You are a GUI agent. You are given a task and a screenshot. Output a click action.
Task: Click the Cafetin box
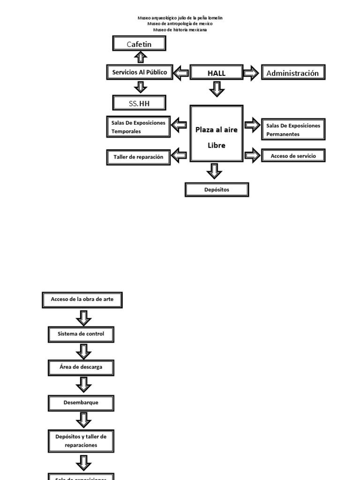[140, 44]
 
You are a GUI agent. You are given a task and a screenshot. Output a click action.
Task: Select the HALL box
[217, 73]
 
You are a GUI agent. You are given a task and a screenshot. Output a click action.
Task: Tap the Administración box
[292, 73]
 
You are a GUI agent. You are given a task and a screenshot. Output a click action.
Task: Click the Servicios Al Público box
[139, 73]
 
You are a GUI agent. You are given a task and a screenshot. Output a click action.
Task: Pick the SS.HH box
[140, 103]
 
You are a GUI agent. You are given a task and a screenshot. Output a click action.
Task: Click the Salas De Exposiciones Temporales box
[138, 127]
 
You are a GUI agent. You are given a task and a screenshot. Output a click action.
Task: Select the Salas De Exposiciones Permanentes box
[293, 129]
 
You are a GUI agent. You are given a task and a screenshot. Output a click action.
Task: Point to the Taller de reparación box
[138, 157]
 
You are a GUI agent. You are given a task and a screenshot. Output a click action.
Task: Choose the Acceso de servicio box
[293, 156]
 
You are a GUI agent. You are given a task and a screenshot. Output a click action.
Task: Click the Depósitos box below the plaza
[217, 190]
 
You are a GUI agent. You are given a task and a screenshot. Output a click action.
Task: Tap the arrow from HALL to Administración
[251, 73]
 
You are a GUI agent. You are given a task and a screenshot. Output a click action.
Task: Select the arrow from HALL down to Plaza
[216, 89]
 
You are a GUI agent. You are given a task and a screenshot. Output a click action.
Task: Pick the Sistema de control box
[82, 334]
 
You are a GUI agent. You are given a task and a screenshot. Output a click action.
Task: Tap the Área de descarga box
[82, 367]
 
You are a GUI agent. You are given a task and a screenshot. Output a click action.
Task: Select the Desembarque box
[82, 402]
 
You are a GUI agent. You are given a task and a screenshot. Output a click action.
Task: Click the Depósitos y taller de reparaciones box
[82, 441]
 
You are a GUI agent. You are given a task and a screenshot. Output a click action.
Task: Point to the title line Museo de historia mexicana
[180, 30]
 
